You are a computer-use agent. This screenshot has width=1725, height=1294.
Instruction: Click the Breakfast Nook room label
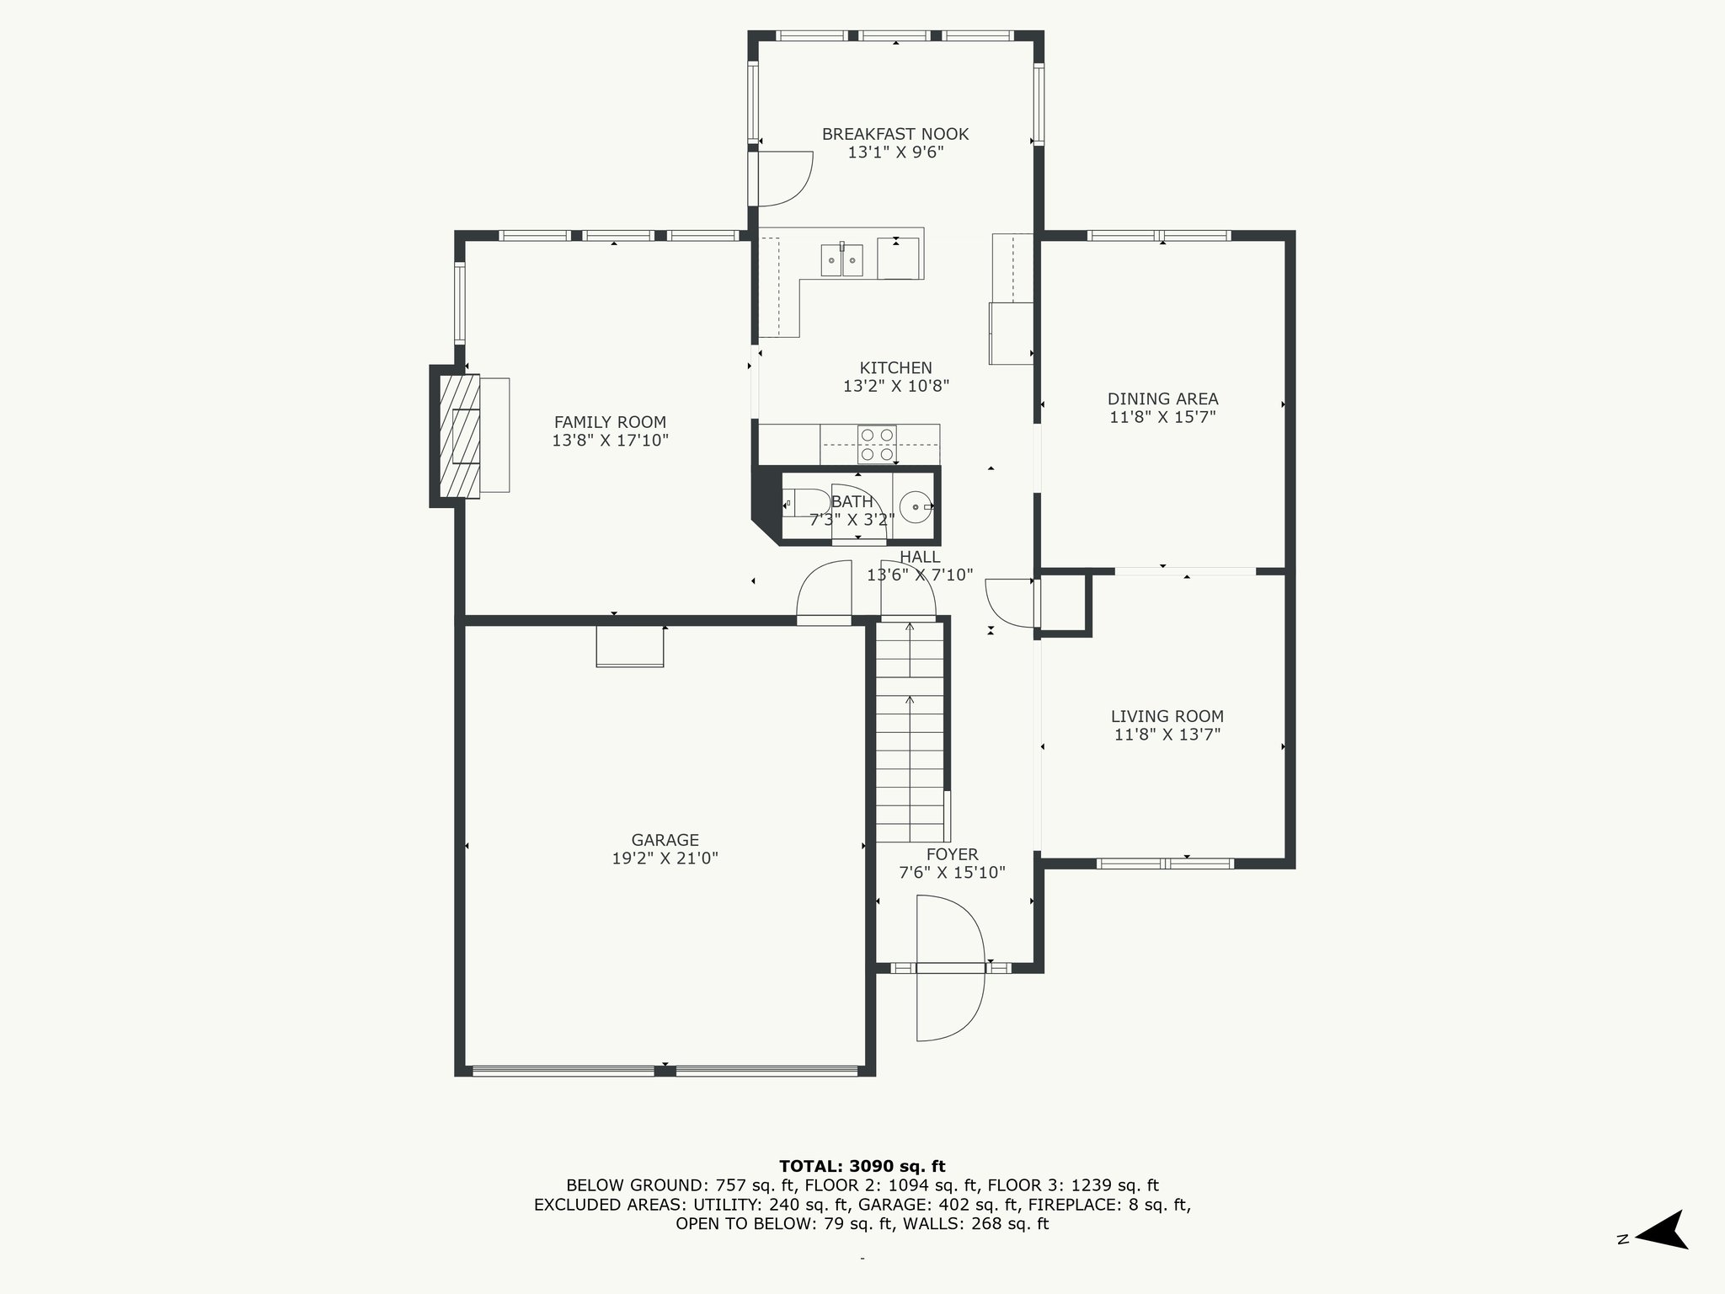coord(895,134)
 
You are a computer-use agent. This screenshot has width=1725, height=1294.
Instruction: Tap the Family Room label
coord(610,422)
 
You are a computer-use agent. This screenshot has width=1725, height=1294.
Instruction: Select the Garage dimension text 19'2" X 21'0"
coord(665,858)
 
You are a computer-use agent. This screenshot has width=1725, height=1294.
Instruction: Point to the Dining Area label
coord(1162,398)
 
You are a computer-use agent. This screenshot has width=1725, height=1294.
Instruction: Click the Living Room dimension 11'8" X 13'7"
coord(1167,735)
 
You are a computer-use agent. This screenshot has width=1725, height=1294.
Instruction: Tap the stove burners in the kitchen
coord(876,444)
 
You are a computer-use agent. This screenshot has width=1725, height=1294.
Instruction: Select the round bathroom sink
coord(914,507)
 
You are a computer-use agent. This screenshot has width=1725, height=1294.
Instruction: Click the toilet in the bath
coord(794,504)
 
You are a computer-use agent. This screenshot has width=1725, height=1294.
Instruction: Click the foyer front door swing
coord(950,968)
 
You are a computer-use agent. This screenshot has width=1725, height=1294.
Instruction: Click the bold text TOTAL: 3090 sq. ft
coord(862,1166)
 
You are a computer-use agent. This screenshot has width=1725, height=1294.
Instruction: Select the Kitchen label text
coord(895,367)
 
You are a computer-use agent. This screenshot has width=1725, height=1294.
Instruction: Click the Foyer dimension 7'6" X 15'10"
coord(952,873)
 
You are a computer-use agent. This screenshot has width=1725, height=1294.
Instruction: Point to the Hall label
coord(920,557)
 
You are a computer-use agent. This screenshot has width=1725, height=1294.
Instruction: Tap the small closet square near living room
coord(1065,603)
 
